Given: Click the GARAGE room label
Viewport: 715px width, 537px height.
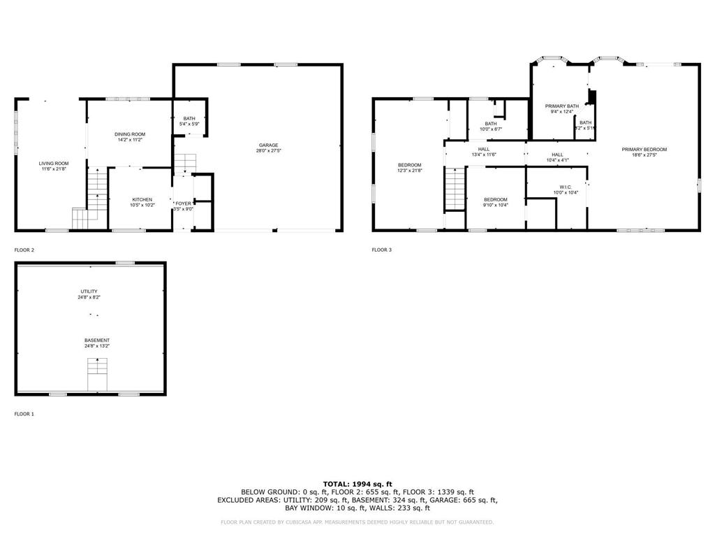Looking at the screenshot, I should tap(268, 145).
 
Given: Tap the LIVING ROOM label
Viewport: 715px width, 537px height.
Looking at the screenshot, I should tap(53, 164).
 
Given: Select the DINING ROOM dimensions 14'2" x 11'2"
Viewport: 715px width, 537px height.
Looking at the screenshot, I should tap(130, 140).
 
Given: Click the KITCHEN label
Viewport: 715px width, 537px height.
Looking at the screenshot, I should tap(142, 200).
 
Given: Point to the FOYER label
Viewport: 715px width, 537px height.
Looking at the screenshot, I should tap(183, 203).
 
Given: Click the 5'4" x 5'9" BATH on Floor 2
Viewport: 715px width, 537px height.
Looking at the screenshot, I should tap(189, 119).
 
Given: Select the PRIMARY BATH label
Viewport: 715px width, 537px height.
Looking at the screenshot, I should tap(561, 106).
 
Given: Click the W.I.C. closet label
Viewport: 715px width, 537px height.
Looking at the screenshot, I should tap(566, 187).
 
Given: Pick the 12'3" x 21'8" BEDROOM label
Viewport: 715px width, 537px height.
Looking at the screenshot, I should tap(409, 165).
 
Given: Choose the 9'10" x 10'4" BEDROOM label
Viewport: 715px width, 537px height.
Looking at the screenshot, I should tap(495, 200).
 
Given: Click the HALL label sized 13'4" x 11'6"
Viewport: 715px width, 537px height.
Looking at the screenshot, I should tap(483, 149).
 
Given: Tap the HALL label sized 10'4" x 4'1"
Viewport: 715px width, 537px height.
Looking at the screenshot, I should tap(557, 155).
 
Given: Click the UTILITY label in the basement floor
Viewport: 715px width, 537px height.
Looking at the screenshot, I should tap(89, 292).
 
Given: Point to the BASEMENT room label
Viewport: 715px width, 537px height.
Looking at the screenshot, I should tap(97, 341).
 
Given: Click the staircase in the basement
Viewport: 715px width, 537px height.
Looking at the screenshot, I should tap(97, 374).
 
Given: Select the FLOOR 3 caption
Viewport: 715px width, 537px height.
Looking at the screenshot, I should tap(381, 250).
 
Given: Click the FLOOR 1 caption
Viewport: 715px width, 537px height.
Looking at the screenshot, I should tap(24, 414).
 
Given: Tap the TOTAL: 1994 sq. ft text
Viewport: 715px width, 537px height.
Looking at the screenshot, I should tap(357, 484).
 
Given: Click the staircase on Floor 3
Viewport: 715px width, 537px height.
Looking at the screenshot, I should tap(455, 189).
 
